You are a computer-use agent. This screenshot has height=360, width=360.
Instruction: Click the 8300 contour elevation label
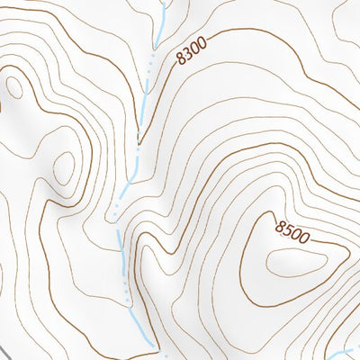192,50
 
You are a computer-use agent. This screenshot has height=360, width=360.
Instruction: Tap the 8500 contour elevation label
293,233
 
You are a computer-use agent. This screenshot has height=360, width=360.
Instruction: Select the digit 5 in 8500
288,230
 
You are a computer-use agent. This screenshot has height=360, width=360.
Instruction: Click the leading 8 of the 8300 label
181,58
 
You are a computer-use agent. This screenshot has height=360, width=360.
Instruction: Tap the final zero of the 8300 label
202,42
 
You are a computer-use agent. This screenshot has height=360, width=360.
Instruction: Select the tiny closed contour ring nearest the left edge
15,86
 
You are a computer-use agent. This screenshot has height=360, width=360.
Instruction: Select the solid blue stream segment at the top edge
163,22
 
